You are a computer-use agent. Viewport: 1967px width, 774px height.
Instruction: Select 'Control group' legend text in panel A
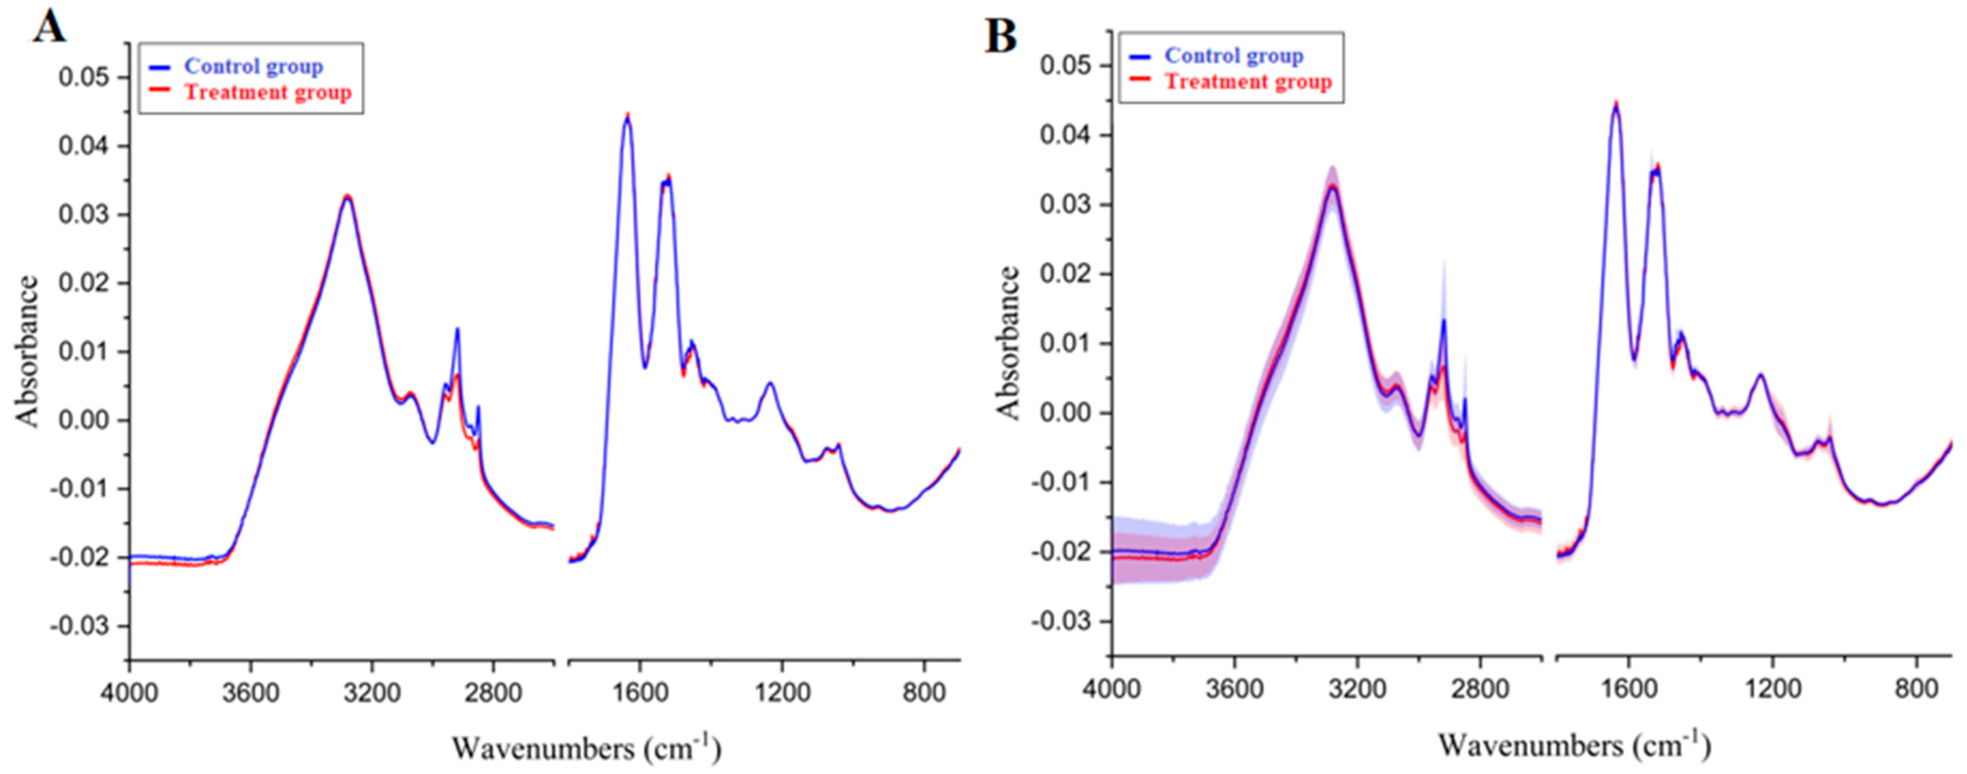pyautogui.click(x=254, y=66)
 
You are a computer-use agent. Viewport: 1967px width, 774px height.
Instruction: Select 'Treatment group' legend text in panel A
pyautogui.click(x=267, y=92)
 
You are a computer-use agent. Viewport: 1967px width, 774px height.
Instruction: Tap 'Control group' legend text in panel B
pyautogui.click(x=1233, y=56)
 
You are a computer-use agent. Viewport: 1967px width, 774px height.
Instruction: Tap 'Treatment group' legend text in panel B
pyautogui.click(x=1248, y=82)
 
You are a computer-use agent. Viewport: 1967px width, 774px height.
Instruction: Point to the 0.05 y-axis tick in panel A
pyautogui.click(x=83, y=78)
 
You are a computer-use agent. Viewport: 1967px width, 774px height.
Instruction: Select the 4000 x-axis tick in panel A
pyautogui.click(x=130, y=692)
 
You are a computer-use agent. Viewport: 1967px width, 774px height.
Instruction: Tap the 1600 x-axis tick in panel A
pyautogui.click(x=640, y=692)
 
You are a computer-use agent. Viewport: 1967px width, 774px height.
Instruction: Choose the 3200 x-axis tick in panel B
pyautogui.click(x=1357, y=689)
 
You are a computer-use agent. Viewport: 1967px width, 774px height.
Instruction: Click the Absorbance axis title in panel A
pyautogui.click(x=27, y=351)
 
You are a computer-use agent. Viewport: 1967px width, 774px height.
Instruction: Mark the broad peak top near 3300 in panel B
pyautogui.click(x=1332, y=185)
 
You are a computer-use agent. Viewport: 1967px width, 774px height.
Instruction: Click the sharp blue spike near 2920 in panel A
pyautogui.click(x=457, y=330)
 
